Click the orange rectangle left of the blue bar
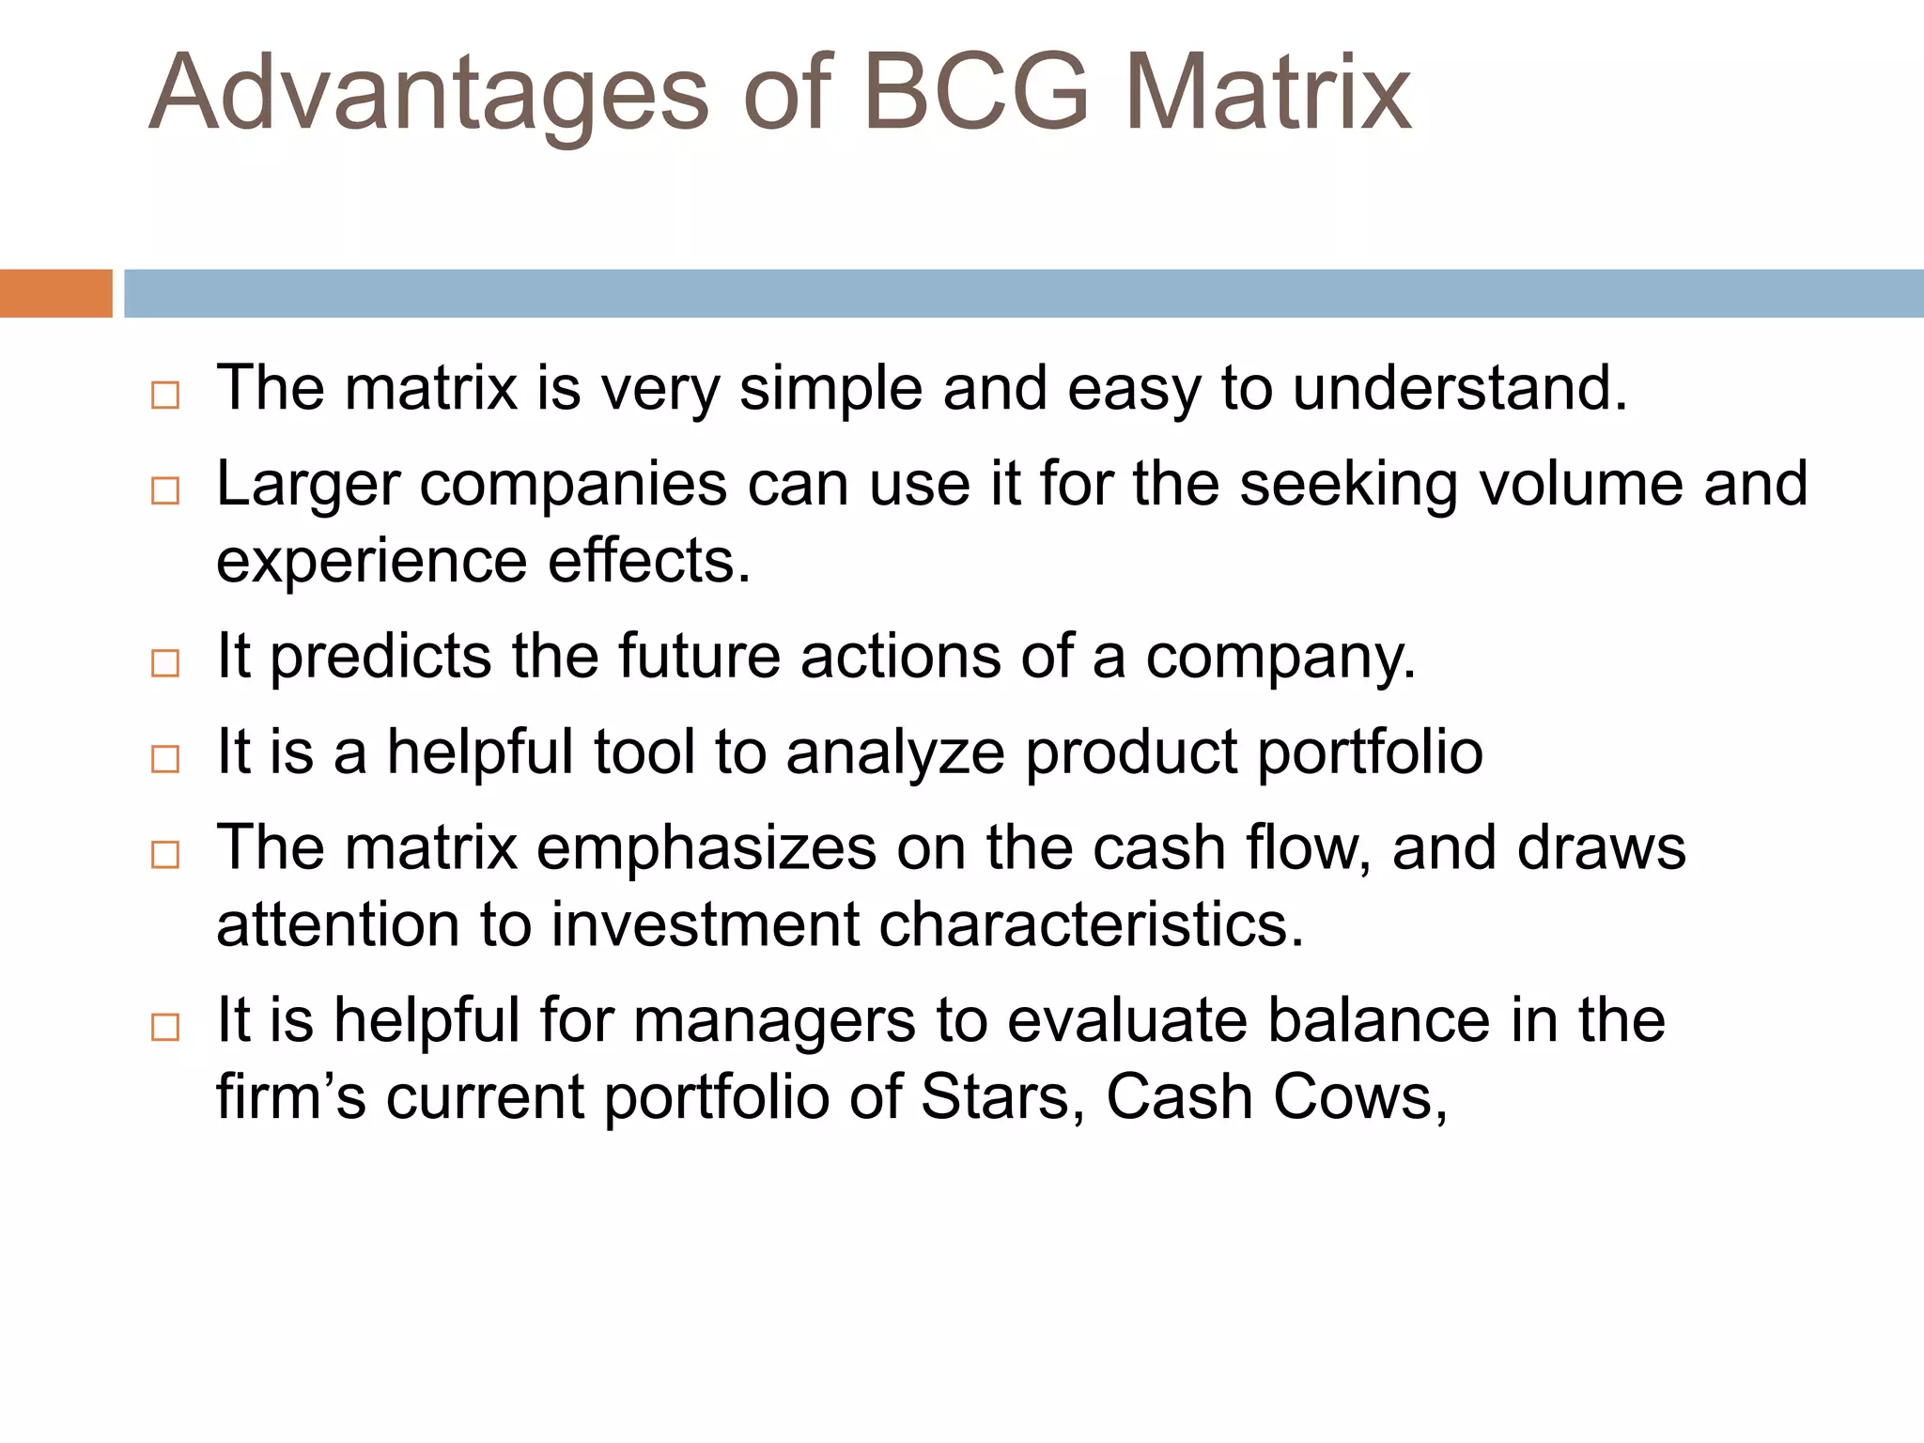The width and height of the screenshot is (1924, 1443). pyautogui.click(x=55, y=293)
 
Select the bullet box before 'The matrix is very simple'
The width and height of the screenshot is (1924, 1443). pyautogui.click(x=165, y=395)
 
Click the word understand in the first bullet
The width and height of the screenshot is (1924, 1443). pyautogui.click(x=1459, y=388)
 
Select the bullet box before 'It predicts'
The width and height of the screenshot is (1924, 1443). pyautogui.click(x=165, y=663)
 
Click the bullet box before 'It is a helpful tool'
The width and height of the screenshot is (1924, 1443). pyautogui.click(x=165, y=759)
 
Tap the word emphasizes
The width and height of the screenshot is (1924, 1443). pyautogui.click(x=706, y=848)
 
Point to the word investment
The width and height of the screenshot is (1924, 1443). pyautogui.click(x=705, y=925)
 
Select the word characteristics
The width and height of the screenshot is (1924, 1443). pyautogui.click(x=1091, y=925)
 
